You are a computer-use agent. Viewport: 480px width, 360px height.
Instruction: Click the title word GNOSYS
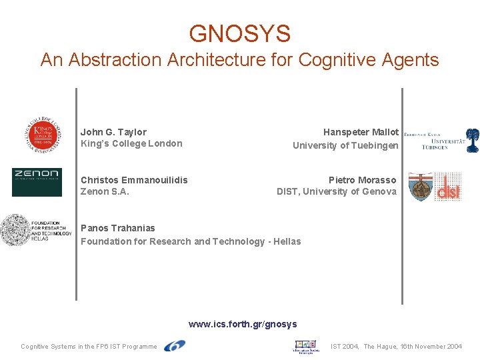[239, 33]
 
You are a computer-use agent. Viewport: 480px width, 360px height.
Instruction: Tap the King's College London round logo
[43, 135]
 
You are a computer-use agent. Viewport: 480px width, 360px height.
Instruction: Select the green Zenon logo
[37, 182]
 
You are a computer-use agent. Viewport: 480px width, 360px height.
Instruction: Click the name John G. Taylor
[113, 132]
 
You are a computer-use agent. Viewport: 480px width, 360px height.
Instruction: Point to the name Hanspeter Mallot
[361, 132]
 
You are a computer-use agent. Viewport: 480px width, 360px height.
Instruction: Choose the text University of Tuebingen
[345, 145]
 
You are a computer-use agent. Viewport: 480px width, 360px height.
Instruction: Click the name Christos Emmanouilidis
[134, 180]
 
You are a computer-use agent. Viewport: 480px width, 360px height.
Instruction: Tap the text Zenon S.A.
[105, 192]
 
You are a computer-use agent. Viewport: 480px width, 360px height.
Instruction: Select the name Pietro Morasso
[362, 180]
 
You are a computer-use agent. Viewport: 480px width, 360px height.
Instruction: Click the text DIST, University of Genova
[336, 192]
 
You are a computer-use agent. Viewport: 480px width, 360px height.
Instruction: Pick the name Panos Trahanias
[117, 228]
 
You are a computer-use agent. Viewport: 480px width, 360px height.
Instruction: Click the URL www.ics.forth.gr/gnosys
[243, 325]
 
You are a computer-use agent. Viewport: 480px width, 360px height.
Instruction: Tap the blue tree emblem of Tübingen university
[472, 140]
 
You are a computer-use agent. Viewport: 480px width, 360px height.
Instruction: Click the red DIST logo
[448, 187]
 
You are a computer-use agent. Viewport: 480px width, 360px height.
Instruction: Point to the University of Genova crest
[421, 187]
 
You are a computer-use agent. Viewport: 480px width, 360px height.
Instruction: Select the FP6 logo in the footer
[175, 345]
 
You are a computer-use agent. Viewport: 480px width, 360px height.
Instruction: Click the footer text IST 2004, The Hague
[396, 347]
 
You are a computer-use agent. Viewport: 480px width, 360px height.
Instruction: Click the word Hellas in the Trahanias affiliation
[287, 241]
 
